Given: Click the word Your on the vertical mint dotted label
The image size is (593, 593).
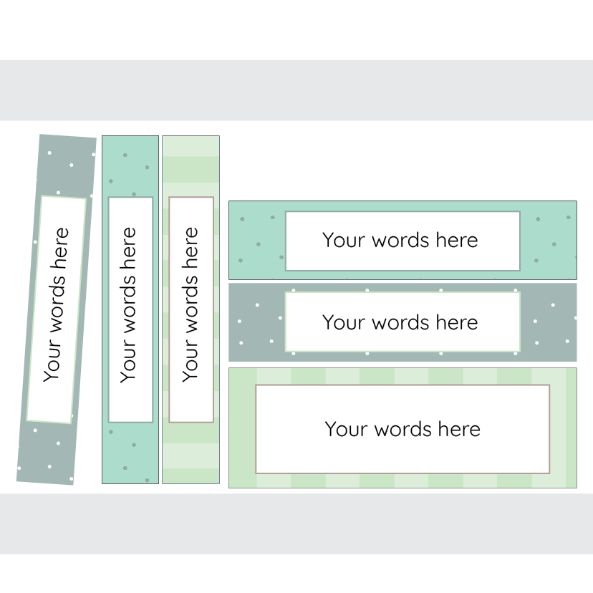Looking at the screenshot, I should (x=127, y=365).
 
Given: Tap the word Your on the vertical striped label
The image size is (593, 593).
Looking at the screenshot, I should (x=190, y=365).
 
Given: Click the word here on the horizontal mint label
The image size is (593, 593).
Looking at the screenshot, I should (x=456, y=240).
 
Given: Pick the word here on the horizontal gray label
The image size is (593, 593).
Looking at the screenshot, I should (x=456, y=322).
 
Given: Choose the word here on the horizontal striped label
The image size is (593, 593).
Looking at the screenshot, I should (x=459, y=429).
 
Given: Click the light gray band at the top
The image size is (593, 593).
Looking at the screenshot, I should (x=296, y=90).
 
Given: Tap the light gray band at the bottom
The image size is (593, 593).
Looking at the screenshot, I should (x=296, y=523).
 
